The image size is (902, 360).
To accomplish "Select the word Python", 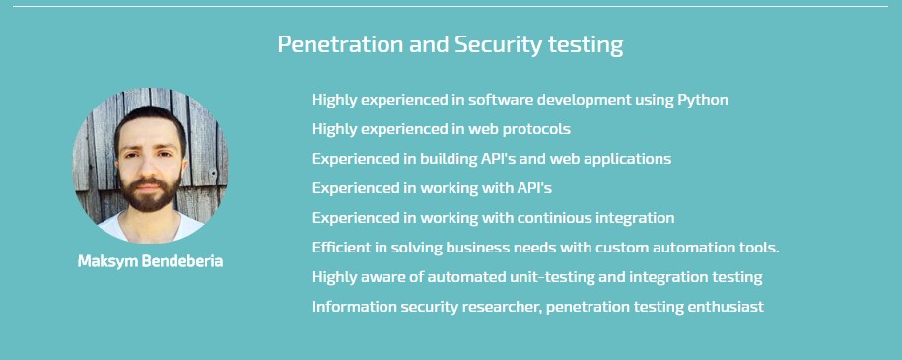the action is (703, 100).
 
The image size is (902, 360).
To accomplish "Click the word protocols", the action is (536, 129).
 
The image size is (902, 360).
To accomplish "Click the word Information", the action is (350, 307).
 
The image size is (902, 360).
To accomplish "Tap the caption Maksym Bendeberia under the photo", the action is (150, 261).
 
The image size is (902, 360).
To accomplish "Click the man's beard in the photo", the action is (150, 197).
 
